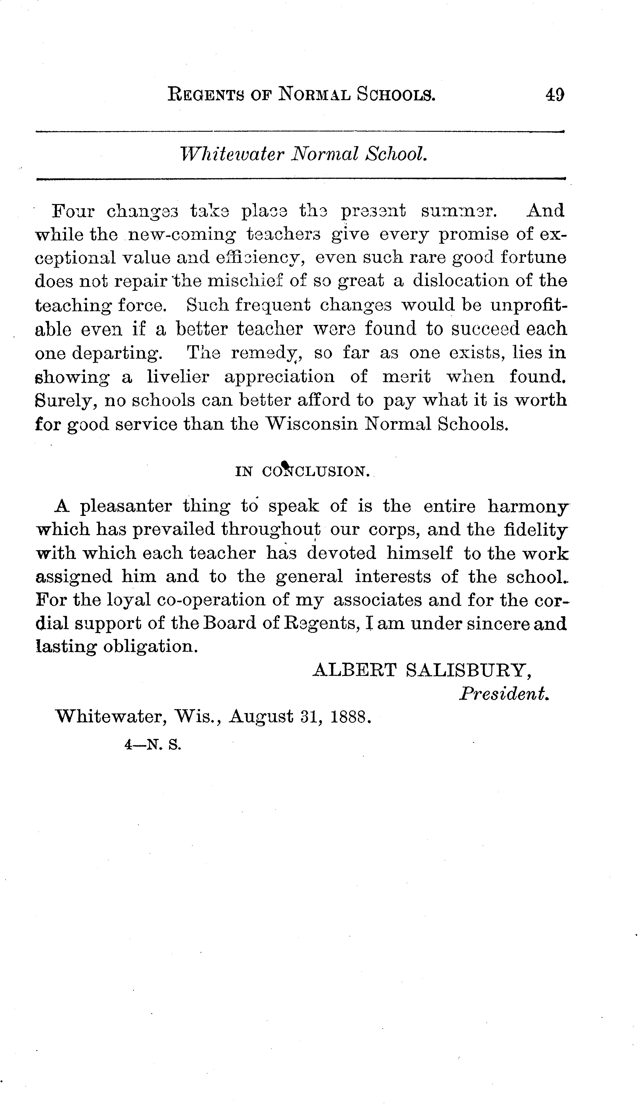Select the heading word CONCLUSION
pyautogui.click(x=316, y=472)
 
